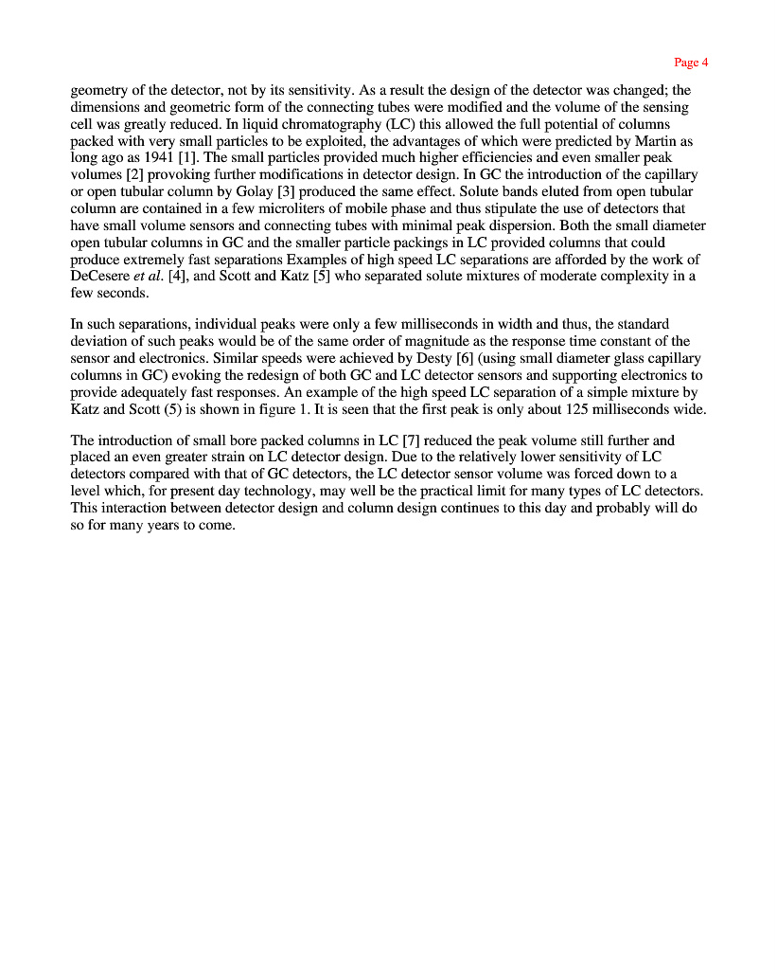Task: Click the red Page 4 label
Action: [x=691, y=63]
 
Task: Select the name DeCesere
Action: [x=101, y=277]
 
